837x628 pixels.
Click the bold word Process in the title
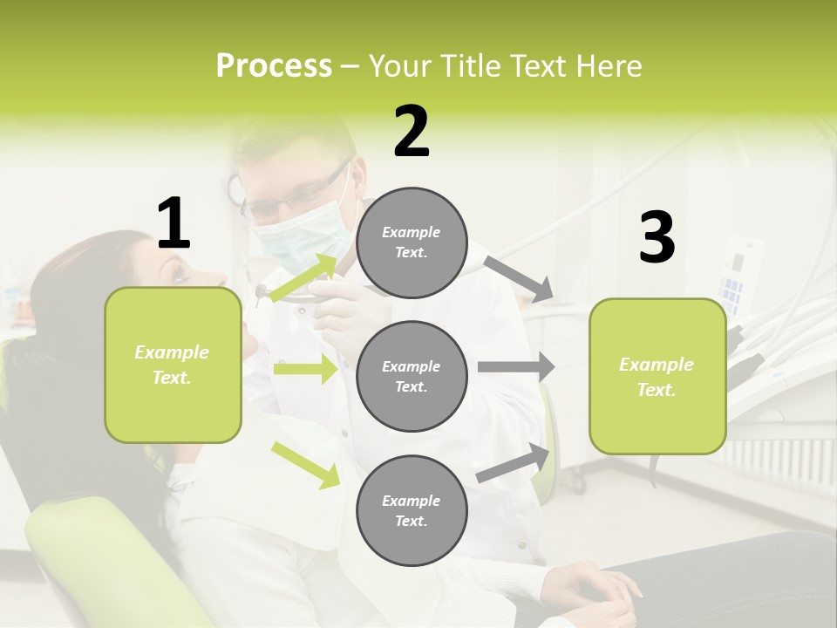[274, 66]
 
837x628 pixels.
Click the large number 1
[174, 224]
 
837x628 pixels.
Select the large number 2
[412, 132]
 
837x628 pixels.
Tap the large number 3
[657, 238]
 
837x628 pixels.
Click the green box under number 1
[173, 365]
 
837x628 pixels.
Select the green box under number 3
[657, 377]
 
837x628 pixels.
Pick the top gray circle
[412, 242]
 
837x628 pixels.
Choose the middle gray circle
[412, 376]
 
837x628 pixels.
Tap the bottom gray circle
[412, 510]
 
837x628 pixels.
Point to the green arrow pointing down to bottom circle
[306, 465]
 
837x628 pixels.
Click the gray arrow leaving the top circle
[519, 278]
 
